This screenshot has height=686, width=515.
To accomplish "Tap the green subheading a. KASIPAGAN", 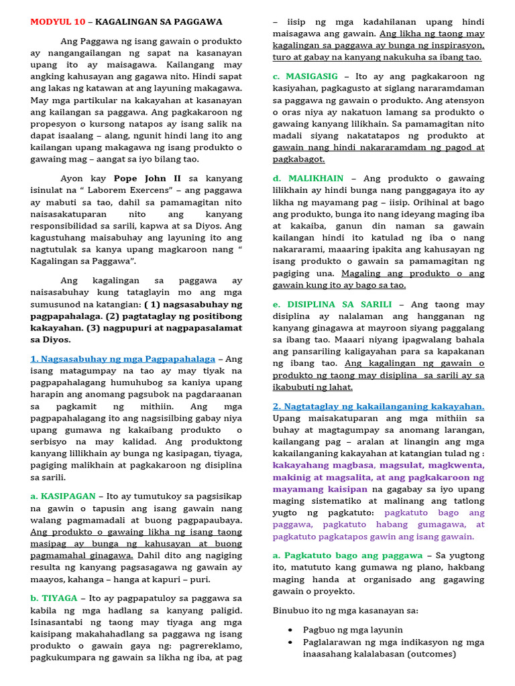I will (x=62, y=496).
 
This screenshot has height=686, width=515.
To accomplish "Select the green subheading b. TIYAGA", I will (x=54, y=598).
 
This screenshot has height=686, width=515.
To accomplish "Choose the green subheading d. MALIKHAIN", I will (x=308, y=179).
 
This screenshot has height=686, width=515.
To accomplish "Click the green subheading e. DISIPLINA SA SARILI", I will (x=332, y=304).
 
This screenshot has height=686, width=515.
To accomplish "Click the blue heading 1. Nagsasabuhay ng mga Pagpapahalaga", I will (x=123, y=359).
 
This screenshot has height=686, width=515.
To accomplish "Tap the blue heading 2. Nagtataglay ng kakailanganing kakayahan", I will (x=378, y=407).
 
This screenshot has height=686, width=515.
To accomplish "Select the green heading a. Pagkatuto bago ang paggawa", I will (x=347, y=555).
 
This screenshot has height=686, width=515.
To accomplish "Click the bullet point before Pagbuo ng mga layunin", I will (x=289, y=630).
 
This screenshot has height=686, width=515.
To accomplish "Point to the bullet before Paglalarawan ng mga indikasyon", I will (x=289, y=642).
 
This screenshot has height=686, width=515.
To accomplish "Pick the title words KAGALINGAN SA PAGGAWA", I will (x=158, y=22).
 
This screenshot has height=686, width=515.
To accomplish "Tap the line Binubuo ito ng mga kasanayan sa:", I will (x=345, y=610).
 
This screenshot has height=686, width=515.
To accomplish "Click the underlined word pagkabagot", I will (x=298, y=159).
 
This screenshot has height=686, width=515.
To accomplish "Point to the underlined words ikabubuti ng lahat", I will (x=312, y=387).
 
